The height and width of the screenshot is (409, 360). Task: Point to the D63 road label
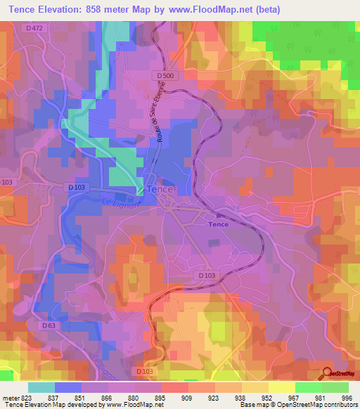tap(49, 325)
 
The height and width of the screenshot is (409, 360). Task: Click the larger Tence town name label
tap(160, 189)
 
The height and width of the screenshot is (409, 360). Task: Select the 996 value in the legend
tap(346, 398)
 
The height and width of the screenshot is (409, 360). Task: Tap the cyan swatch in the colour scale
tap(41, 387)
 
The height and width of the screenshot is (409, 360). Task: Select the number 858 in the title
tap(114, 10)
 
